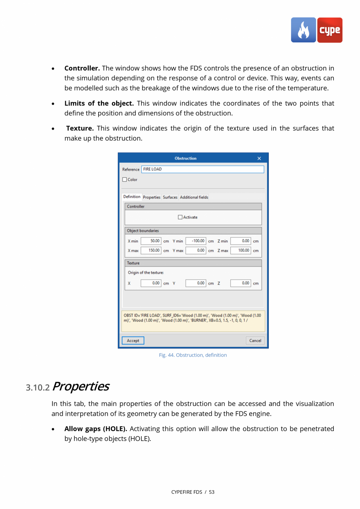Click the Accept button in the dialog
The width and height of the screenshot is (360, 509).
[x=133, y=341]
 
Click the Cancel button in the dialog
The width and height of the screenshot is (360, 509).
[x=255, y=341]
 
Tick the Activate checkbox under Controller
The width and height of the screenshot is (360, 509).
[x=180, y=217]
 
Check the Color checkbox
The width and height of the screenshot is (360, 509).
[x=125, y=180]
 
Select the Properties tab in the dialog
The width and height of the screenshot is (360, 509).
[x=151, y=197]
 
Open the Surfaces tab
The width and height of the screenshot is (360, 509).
[x=170, y=197]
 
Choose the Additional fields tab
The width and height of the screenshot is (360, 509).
[x=194, y=197]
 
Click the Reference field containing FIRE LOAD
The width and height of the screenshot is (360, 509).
[x=202, y=169]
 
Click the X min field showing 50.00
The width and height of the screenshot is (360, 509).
[x=151, y=241]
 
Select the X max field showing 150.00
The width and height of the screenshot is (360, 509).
[x=151, y=251]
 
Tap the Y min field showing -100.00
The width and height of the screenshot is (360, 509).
[x=196, y=241]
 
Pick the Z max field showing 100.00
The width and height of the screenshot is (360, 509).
[x=241, y=251]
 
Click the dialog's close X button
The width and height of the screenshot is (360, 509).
[x=259, y=159]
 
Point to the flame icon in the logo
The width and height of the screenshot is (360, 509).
[x=303, y=30]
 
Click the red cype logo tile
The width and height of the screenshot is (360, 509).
[x=329, y=30]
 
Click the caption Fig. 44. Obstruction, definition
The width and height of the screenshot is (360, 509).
[x=193, y=355]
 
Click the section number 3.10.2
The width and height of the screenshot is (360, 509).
[x=38, y=388]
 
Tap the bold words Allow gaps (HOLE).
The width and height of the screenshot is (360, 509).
[x=95, y=429]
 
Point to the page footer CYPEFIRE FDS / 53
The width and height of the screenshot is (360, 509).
[x=193, y=492]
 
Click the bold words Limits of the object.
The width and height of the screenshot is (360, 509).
[x=99, y=103]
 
